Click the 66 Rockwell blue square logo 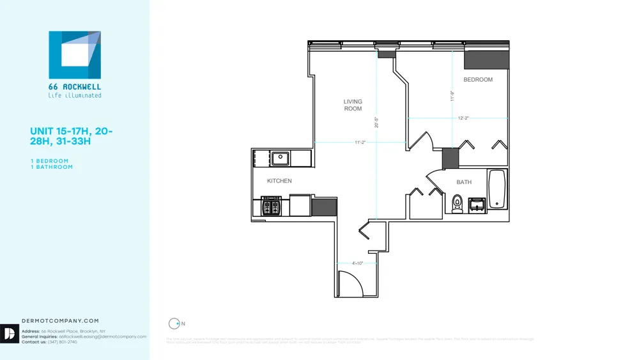coord(75,54)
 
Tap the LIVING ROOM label coord(353,105)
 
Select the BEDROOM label coord(478,80)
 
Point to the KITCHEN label coord(279,181)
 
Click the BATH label coord(464,182)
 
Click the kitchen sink coord(279,157)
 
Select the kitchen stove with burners coord(272,207)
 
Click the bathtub coord(497,189)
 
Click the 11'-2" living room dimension coord(360,142)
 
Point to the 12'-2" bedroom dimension coord(463,118)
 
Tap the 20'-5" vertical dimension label coord(376,121)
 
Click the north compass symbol coord(173,324)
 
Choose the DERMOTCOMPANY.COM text coord(60,321)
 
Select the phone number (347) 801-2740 coord(62,342)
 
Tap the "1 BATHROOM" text coord(51,167)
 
